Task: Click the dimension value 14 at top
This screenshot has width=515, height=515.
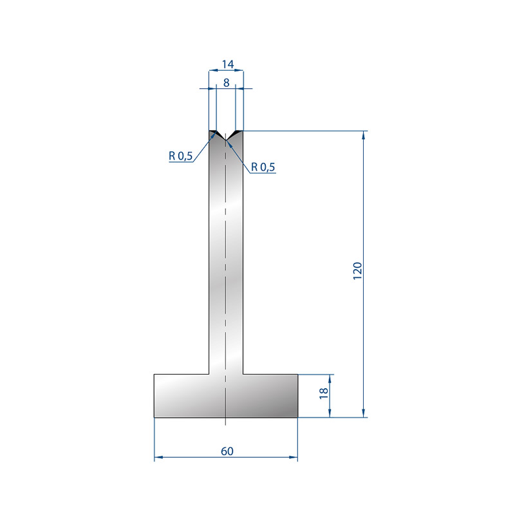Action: point(228,64)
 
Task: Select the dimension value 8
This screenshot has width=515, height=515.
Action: point(227,83)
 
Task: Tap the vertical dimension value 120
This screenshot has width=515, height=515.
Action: point(357,271)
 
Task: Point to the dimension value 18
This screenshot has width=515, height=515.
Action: point(324,393)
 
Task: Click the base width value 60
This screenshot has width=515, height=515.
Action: point(227,451)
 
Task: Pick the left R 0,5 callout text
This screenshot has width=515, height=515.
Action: point(181,156)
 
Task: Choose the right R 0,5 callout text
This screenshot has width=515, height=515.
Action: point(263,167)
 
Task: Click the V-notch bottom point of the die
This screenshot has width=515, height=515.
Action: point(226,140)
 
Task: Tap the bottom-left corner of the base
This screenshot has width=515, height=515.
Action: point(154,417)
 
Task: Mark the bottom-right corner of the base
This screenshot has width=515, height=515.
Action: point(297,417)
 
